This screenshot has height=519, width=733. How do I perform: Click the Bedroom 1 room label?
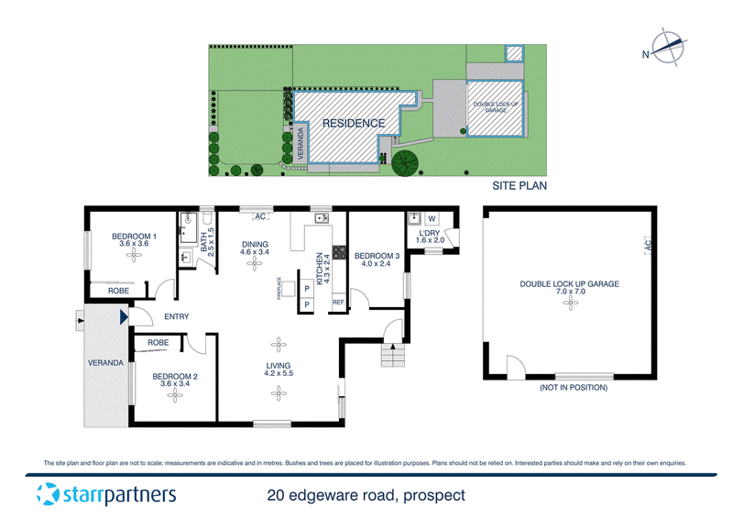[134, 237]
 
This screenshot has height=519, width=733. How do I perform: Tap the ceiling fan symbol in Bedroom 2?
[175, 395]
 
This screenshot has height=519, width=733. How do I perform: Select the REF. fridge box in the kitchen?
[338, 303]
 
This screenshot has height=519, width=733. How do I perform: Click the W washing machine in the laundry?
[432, 218]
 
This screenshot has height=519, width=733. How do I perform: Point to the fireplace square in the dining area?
[288, 289]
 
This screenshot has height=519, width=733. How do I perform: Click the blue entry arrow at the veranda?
[124, 317]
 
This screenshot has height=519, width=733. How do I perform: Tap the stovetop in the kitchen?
[339, 253]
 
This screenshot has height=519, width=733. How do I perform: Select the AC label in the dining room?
[260, 216]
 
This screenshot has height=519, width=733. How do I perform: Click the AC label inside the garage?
[648, 245]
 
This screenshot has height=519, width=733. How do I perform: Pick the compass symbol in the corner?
[669, 48]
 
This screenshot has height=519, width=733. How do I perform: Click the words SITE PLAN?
[520, 186]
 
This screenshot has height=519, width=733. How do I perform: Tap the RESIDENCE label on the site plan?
[354, 124]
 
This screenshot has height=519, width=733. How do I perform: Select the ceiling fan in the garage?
[570, 303]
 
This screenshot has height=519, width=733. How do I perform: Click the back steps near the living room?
[393, 355]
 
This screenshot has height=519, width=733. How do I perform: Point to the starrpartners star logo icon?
[49, 494]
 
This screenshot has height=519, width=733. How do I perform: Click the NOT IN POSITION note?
[574, 388]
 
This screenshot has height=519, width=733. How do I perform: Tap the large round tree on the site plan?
[405, 162]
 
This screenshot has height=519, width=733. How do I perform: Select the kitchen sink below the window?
[322, 218]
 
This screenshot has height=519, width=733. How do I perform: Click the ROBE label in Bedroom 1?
[119, 291]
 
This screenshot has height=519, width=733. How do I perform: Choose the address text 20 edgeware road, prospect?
[366, 495]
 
